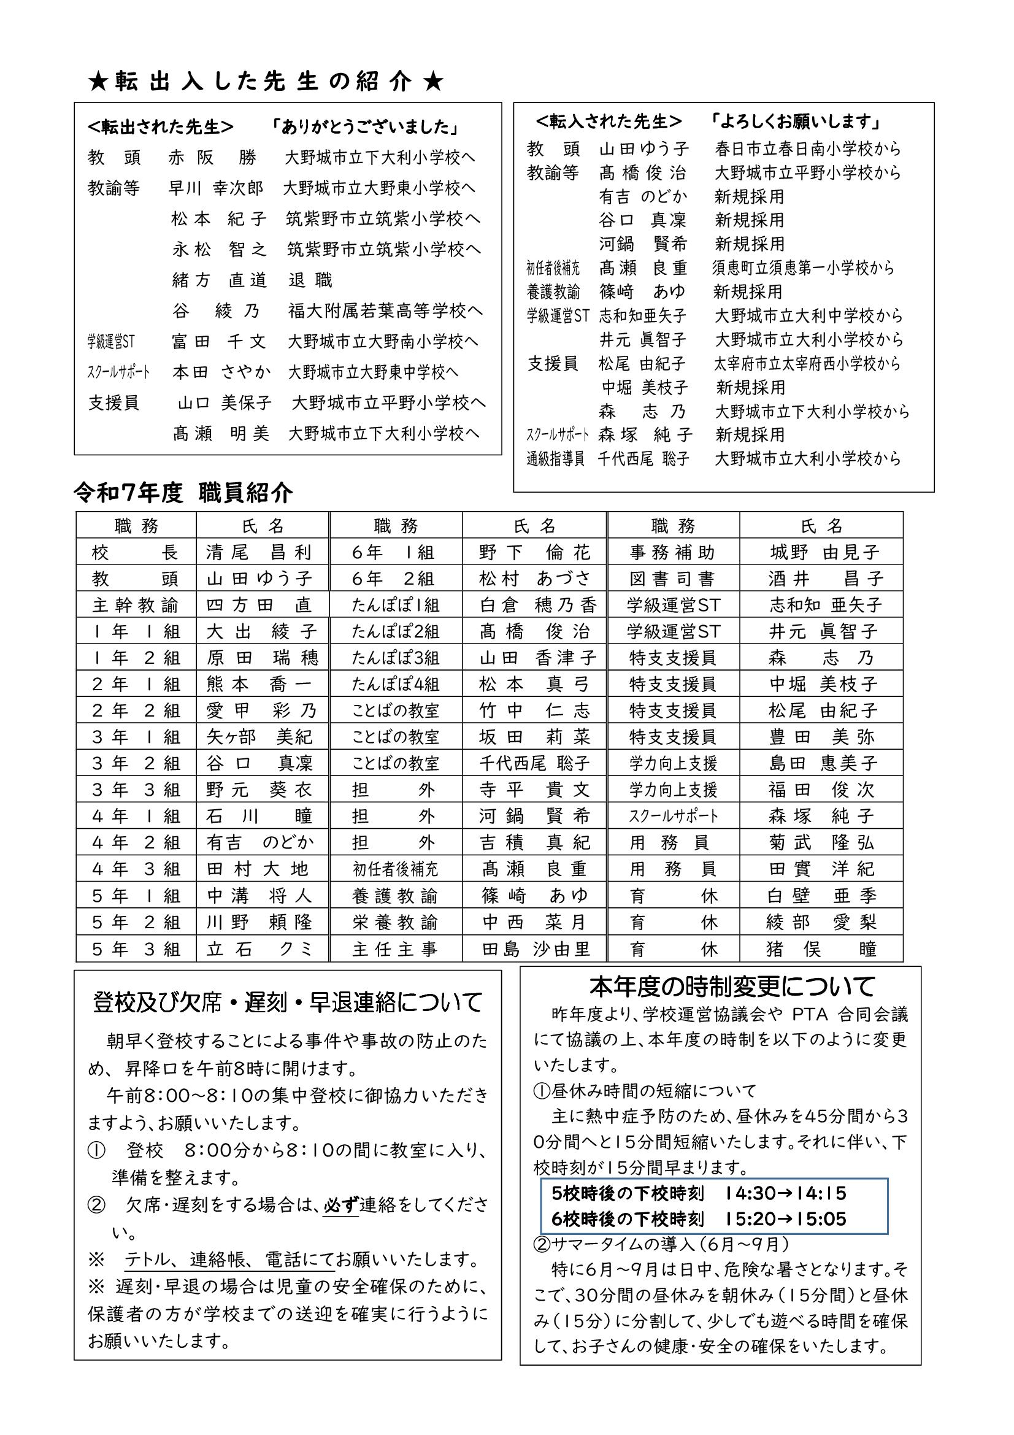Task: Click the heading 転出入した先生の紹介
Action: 266,82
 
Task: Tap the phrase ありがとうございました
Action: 366,128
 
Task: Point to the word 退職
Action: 310,280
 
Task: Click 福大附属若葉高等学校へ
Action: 385,310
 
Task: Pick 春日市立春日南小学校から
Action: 809,148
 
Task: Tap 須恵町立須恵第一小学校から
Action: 804,268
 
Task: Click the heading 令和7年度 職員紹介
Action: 183,493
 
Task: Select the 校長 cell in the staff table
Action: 136,553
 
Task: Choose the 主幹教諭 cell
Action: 136,605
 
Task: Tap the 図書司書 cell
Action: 672,579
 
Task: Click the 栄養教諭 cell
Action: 395,923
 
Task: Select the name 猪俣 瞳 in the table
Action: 821,949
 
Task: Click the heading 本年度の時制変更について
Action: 732,987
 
